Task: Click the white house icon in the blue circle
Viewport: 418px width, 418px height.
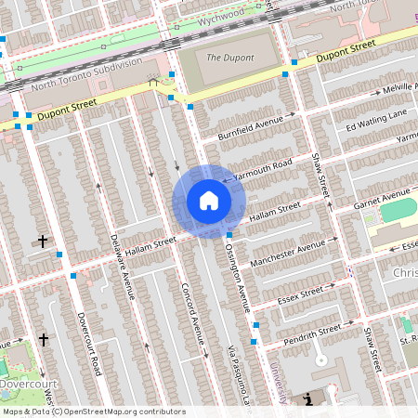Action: click(208, 200)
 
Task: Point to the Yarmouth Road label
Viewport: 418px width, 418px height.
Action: click(263, 166)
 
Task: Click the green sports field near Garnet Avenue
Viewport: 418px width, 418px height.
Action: click(398, 209)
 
